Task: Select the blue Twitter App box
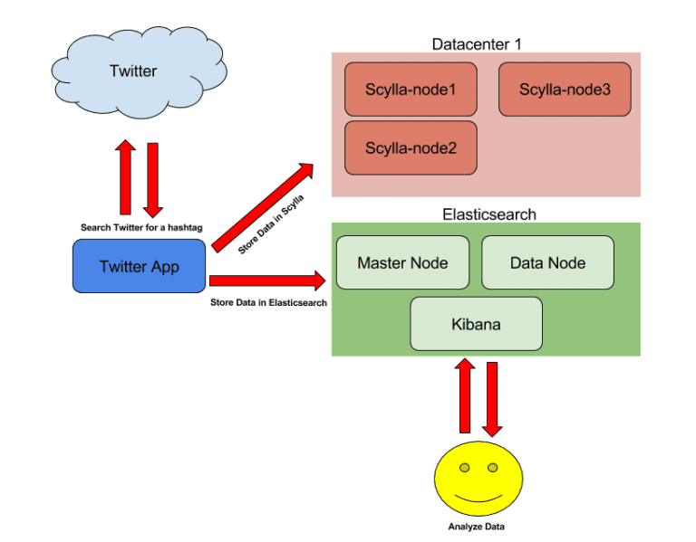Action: pyautogui.click(x=139, y=266)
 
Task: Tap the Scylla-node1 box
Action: pyautogui.click(x=410, y=89)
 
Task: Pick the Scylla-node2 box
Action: pyautogui.click(x=410, y=147)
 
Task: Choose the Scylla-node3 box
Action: pyautogui.click(x=565, y=89)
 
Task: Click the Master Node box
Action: pyautogui.click(x=402, y=262)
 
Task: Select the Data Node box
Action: pyautogui.click(x=547, y=262)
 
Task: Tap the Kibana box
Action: pyautogui.click(x=476, y=323)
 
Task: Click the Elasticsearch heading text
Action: pyautogui.click(x=489, y=214)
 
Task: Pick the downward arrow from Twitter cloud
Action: pyautogui.click(x=152, y=179)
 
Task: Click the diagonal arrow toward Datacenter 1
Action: pyautogui.click(x=263, y=206)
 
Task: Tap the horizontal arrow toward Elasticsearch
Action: pyautogui.click(x=267, y=281)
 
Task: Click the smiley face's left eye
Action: pyautogui.click(x=464, y=468)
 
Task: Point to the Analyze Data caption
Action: pyautogui.click(x=477, y=527)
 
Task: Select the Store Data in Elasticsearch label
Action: pyautogui.click(x=268, y=302)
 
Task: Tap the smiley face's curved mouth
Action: pyautogui.click(x=478, y=497)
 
